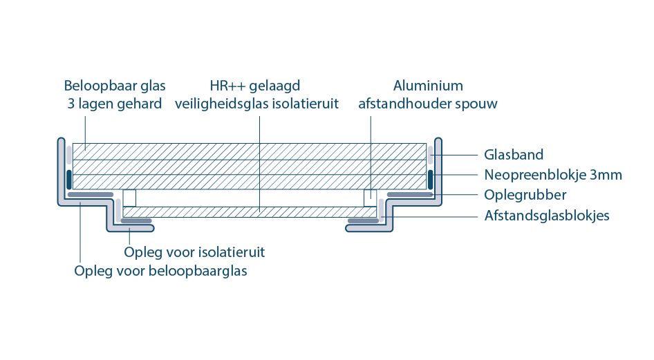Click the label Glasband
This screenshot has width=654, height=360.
(514, 155)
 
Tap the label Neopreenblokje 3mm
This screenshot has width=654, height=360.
(553, 175)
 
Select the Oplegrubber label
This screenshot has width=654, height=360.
(525, 195)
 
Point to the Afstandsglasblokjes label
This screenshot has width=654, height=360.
(547, 216)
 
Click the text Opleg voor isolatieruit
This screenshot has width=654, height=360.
(194, 252)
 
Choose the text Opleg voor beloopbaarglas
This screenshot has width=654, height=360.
(160, 271)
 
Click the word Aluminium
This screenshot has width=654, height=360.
(428, 86)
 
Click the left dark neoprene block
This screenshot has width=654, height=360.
(69, 180)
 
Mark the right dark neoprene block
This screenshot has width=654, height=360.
(431, 180)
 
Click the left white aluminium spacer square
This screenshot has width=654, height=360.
(129, 198)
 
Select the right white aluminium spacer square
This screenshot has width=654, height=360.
(371, 198)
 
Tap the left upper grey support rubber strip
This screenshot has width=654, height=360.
(91, 195)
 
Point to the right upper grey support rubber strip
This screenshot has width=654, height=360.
(410, 195)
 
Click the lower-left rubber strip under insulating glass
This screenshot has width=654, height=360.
(136, 221)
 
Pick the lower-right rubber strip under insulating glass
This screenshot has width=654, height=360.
(363, 221)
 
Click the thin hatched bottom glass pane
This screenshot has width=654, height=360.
(250, 212)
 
